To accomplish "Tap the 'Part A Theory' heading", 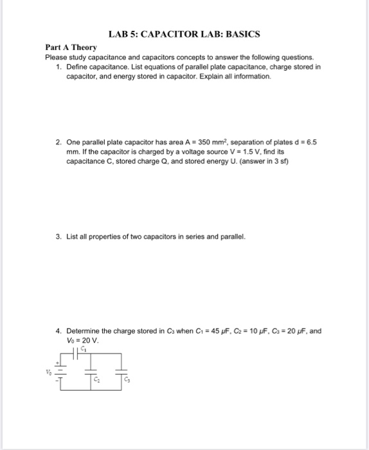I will pyautogui.click(x=71, y=48).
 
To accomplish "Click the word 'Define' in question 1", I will pyautogui.click(x=78, y=66).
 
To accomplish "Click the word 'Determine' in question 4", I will pyautogui.click(x=83, y=331).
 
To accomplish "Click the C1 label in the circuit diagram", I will pyautogui.click(x=84, y=349).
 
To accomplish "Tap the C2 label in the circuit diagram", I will pyautogui.click(x=96, y=381).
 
